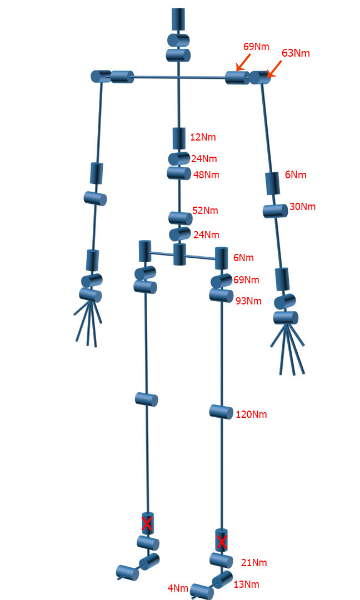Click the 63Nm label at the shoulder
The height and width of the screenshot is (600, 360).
coord(296,53)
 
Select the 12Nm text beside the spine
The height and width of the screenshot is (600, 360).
coord(203,137)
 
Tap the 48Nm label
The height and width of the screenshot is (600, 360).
coord(206,175)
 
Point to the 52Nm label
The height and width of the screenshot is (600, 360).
coord(205,211)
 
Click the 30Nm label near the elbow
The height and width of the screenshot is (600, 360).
coord(302,207)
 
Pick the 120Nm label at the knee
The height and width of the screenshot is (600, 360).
coord(251,414)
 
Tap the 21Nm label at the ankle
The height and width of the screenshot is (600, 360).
coord(254,563)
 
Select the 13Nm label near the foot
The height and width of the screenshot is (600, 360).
coord(246,584)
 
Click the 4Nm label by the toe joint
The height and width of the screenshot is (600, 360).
coord(178,588)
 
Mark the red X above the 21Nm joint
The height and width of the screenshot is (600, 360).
coord(221,542)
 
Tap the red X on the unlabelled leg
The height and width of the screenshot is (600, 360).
coord(147,523)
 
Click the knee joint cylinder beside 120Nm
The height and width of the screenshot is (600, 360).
coord(221,412)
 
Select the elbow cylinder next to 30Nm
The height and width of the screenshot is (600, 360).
coord(275,210)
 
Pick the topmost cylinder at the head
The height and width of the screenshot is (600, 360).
coord(178,19)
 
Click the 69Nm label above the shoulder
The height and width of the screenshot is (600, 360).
coord(256,46)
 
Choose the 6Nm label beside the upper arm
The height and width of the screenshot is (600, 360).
coord(296,175)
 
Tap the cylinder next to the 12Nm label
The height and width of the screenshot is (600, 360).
coord(179,138)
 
